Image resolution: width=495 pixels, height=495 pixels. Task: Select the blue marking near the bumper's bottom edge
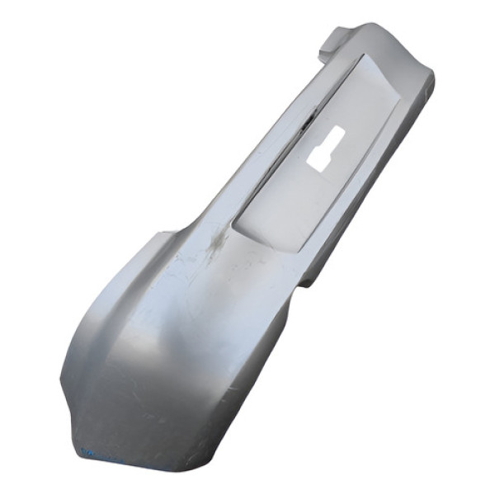pos(89,451)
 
